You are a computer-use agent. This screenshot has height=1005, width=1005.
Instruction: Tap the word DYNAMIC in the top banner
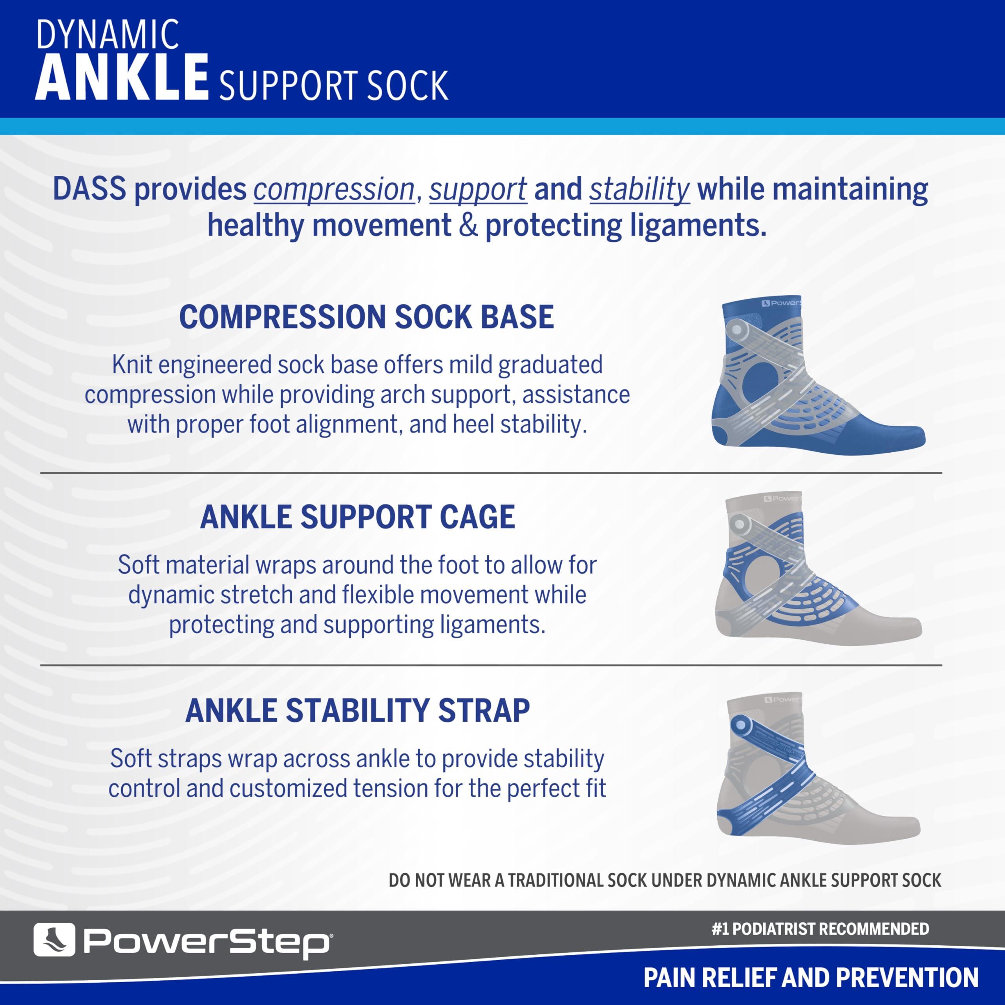pos(108,35)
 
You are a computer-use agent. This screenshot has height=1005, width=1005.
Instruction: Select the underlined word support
pos(477,189)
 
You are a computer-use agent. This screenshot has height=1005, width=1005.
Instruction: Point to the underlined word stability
pos(639,189)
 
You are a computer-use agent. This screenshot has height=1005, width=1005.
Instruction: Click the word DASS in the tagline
pos(89,189)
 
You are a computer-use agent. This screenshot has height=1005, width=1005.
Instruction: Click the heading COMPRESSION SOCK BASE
pos(366,317)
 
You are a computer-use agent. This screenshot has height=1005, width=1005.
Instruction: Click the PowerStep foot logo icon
pos(54,939)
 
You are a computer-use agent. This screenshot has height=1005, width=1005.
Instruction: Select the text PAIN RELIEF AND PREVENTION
pos(811,978)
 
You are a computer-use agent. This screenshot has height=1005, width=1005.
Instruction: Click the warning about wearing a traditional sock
pos(665,880)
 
